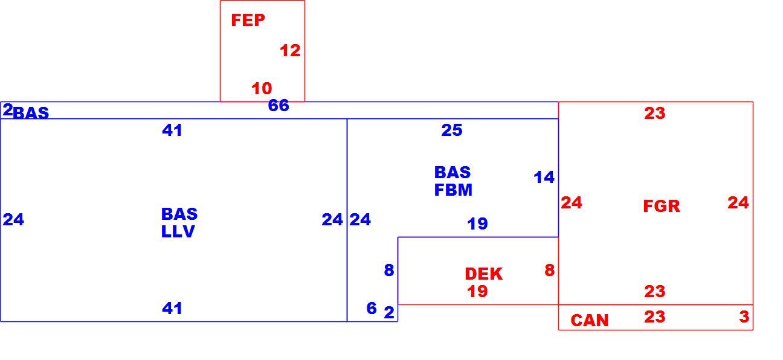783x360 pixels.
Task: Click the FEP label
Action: click(x=248, y=20)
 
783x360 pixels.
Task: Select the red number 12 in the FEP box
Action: click(x=290, y=51)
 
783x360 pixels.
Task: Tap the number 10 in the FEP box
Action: click(x=262, y=88)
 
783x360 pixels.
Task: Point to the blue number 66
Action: click(x=279, y=106)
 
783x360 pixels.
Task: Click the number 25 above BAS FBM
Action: click(x=452, y=130)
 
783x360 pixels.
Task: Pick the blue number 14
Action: click(x=544, y=178)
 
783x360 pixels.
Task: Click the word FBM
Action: click(x=453, y=190)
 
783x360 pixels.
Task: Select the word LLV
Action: click(x=178, y=232)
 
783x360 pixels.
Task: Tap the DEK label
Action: click(x=484, y=274)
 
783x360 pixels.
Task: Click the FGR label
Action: click(x=662, y=206)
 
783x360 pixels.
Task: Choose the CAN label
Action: click(x=590, y=321)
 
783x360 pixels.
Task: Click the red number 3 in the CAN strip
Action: click(x=744, y=317)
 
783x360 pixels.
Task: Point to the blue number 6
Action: click(x=372, y=308)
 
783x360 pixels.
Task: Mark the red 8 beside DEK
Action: click(x=550, y=270)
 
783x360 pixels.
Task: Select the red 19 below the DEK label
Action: click(x=477, y=292)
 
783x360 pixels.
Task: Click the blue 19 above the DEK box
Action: click(x=477, y=223)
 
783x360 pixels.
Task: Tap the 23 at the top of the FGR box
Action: click(x=655, y=114)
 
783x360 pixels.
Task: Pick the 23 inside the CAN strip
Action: click(x=655, y=317)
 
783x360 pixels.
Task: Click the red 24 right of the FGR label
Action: click(x=738, y=203)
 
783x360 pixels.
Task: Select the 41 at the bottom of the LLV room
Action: click(x=172, y=309)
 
